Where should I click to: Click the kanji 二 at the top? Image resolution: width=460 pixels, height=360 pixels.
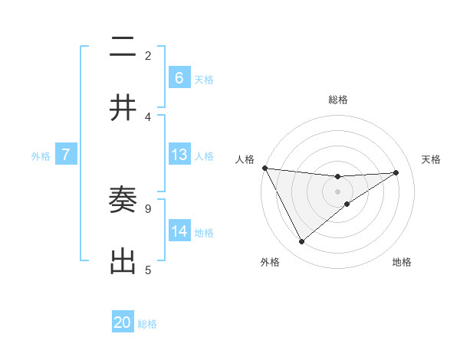[x=123, y=47]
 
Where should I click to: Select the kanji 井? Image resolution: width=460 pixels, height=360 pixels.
[x=123, y=109]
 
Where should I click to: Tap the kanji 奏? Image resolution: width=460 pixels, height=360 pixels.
[x=123, y=201]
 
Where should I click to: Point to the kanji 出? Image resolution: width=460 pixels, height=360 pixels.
[x=123, y=262]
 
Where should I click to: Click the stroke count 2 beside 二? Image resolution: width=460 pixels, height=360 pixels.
[x=148, y=55]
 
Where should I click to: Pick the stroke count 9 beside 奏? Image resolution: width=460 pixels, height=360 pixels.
[x=148, y=208]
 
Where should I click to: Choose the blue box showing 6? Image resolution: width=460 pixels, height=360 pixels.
[x=179, y=78]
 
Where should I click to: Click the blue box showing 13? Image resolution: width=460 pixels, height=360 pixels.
[x=179, y=155]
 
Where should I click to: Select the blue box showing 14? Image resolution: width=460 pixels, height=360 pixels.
[x=179, y=231]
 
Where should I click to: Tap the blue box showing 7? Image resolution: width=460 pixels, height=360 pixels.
[x=66, y=155]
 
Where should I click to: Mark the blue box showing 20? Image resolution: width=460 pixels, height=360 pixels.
[x=123, y=322]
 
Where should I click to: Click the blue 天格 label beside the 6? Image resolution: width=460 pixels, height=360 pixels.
[x=204, y=79]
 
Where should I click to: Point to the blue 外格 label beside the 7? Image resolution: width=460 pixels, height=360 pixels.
[x=41, y=155]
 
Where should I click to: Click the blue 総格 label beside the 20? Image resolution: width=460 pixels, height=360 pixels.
[x=147, y=323]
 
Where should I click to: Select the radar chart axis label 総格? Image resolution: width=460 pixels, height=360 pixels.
[x=337, y=100]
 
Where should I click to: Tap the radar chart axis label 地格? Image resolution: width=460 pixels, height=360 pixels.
[x=402, y=262]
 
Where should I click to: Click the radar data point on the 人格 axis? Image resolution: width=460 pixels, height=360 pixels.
[x=264, y=168]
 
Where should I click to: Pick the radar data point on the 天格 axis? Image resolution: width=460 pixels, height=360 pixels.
[x=396, y=172]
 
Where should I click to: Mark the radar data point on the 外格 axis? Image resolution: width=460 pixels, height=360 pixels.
[x=301, y=242]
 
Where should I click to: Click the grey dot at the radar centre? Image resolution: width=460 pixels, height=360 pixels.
[x=337, y=191]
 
